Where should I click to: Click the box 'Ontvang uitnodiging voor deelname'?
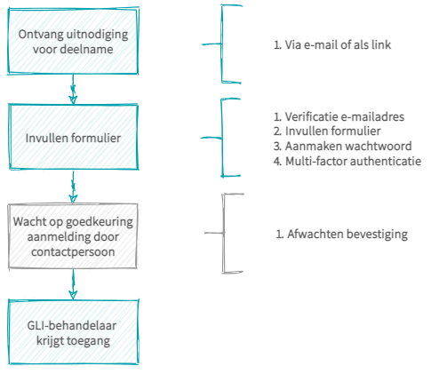[x=73, y=41]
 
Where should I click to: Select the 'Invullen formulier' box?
[x=74, y=137]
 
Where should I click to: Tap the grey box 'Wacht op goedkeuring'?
[x=73, y=236]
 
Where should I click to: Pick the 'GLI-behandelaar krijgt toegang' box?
[x=74, y=332]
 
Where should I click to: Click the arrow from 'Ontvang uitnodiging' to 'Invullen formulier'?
[x=73, y=89]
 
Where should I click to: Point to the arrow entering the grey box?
[x=73, y=187]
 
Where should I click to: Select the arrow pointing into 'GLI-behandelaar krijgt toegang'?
[x=73, y=284]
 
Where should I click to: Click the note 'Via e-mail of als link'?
[x=332, y=44]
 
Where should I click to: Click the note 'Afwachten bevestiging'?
[x=342, y=234]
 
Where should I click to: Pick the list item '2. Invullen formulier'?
[x=327, y=131]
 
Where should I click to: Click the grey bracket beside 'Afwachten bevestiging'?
[x=224, y=233]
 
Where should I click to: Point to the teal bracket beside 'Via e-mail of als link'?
[x=222, y=44]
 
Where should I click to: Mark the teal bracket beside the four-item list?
[x=222, y=138]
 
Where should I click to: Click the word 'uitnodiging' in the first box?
[x=97, y=35]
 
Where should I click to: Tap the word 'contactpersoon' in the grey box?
[x=73, y=252]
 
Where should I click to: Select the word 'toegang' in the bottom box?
[x=88, y=341]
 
